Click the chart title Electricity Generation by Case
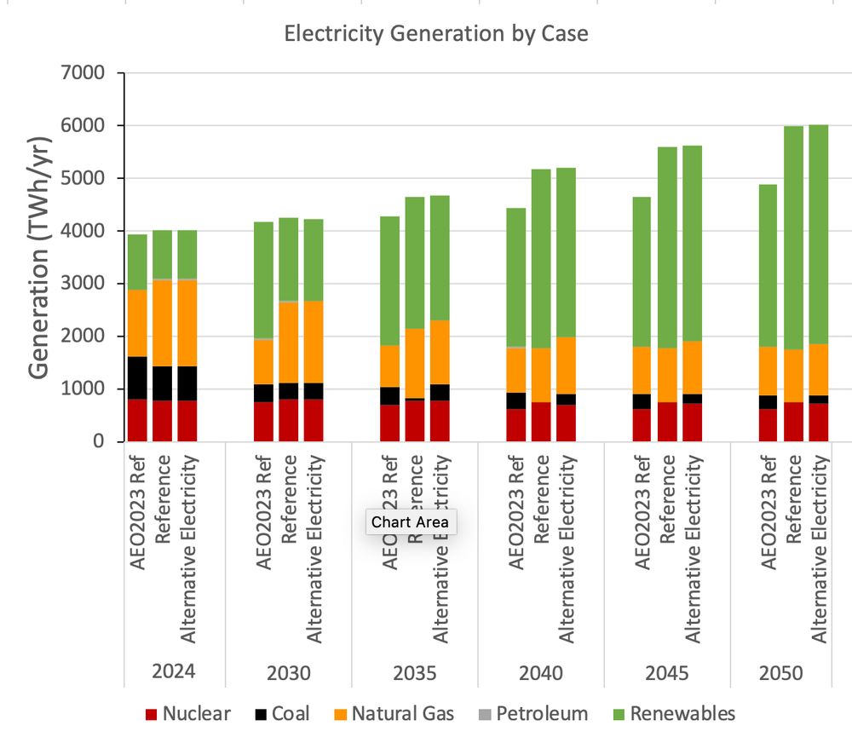pyautogui.click(x=436, y=34)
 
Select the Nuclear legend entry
pyautogui.click(x=187, y=713)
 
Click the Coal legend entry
pyautogui.click(x=282, y=713)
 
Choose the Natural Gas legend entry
pyautogui.click(x=391, y=713)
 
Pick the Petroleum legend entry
pyautogui.click(x=531, y=713)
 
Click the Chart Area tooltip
pyautogui.click(x=411, y=522)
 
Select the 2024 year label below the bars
pyautogui.click(x=174, y=671)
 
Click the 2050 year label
pyautogui.click(x=781, y=673)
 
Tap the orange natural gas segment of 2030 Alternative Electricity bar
pyautogui.click(x=314, y=341)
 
